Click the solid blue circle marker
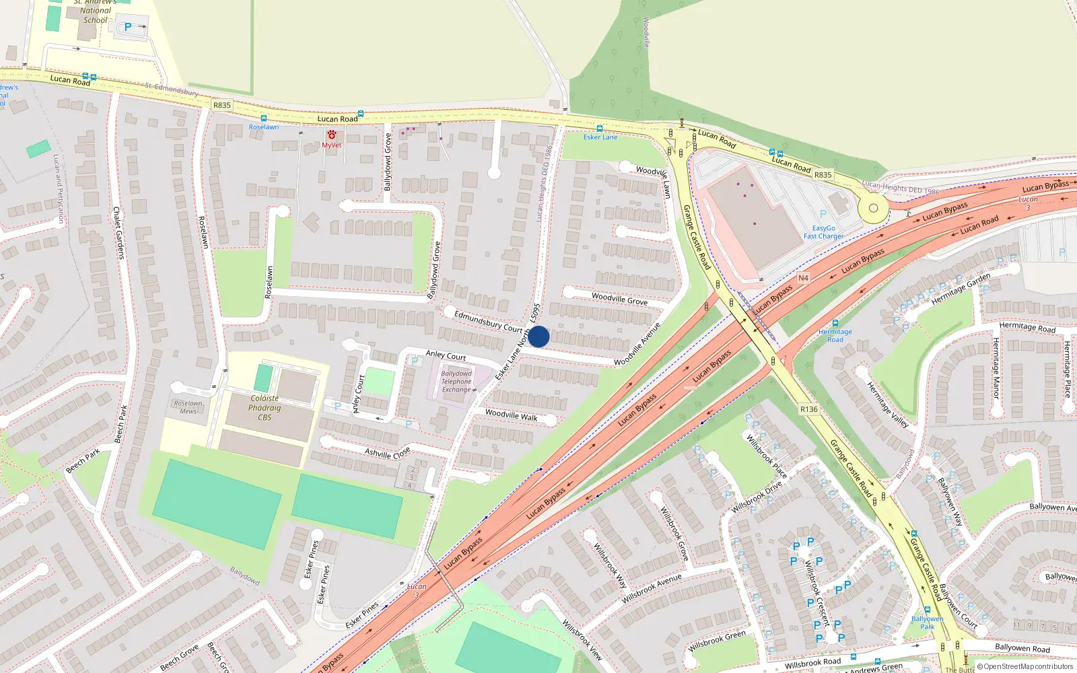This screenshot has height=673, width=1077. [538, 336]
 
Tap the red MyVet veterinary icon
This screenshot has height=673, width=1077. [332, 135]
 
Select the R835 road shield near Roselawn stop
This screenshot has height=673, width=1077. [222, 105]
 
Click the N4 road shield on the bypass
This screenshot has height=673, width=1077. [803, 278]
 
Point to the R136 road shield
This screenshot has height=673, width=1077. [808, 409]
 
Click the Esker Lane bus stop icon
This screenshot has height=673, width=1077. [599, 129]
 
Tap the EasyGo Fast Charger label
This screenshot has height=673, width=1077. [823, 232]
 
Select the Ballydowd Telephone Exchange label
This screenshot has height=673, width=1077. [456, 382]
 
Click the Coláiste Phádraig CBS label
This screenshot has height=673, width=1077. [265, 408]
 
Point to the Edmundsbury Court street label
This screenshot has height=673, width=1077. [488, 321]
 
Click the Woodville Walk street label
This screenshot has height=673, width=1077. [512, 415]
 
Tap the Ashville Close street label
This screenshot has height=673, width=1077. [387, 453]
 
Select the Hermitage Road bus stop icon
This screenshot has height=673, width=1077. [835, 323]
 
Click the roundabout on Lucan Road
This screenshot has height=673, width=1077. [873, 209]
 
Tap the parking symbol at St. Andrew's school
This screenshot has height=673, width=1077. [128, 28]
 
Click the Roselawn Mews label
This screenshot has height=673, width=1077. [188, 407]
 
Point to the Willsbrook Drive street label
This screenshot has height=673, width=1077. [757, 497]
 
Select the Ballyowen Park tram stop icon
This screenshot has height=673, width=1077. [927, 610]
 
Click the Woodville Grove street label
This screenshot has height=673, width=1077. [619, 299]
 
